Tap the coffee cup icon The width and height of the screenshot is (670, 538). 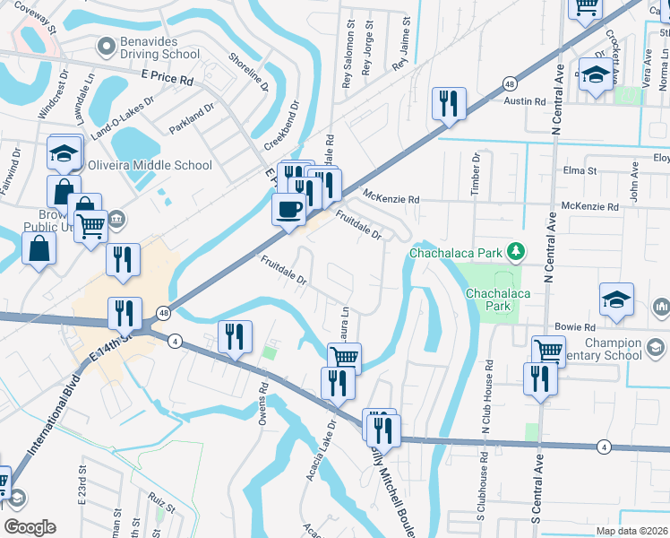coord(288,210)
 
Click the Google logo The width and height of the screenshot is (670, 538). coord(29,526)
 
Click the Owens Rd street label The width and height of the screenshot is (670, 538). coord(264,401)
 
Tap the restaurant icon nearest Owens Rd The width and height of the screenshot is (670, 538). coord(234,337)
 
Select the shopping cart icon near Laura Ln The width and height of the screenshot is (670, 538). coord(344,358)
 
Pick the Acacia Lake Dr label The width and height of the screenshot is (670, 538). coord(321,436)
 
